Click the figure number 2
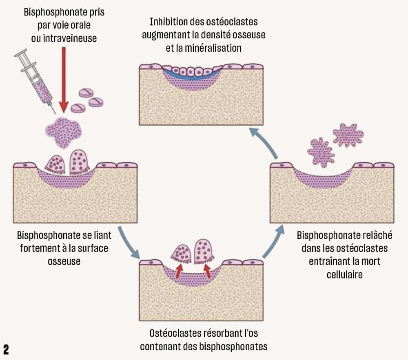(6, 349)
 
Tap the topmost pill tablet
(87, 93)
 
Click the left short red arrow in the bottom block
(179, 270)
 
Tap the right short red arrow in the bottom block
(208, 270)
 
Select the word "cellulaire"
(345, 274)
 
